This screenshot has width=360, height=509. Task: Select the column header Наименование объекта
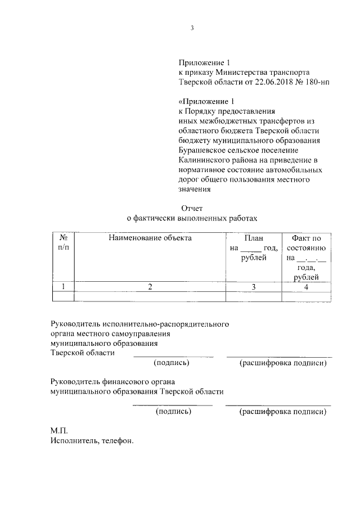coord(150,238)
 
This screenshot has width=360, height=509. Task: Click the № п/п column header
coord(64,242)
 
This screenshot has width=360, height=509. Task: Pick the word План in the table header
coord(254,238)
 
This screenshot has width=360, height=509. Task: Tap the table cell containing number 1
coord(64,287)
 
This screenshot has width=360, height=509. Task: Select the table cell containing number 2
coord(150,287)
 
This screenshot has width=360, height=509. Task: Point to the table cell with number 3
coord(254,287)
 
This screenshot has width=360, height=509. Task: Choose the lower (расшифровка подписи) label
coord(283,412)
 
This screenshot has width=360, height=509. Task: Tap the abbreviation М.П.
coord(58,431)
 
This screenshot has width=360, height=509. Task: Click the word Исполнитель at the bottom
coord(75,441)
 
